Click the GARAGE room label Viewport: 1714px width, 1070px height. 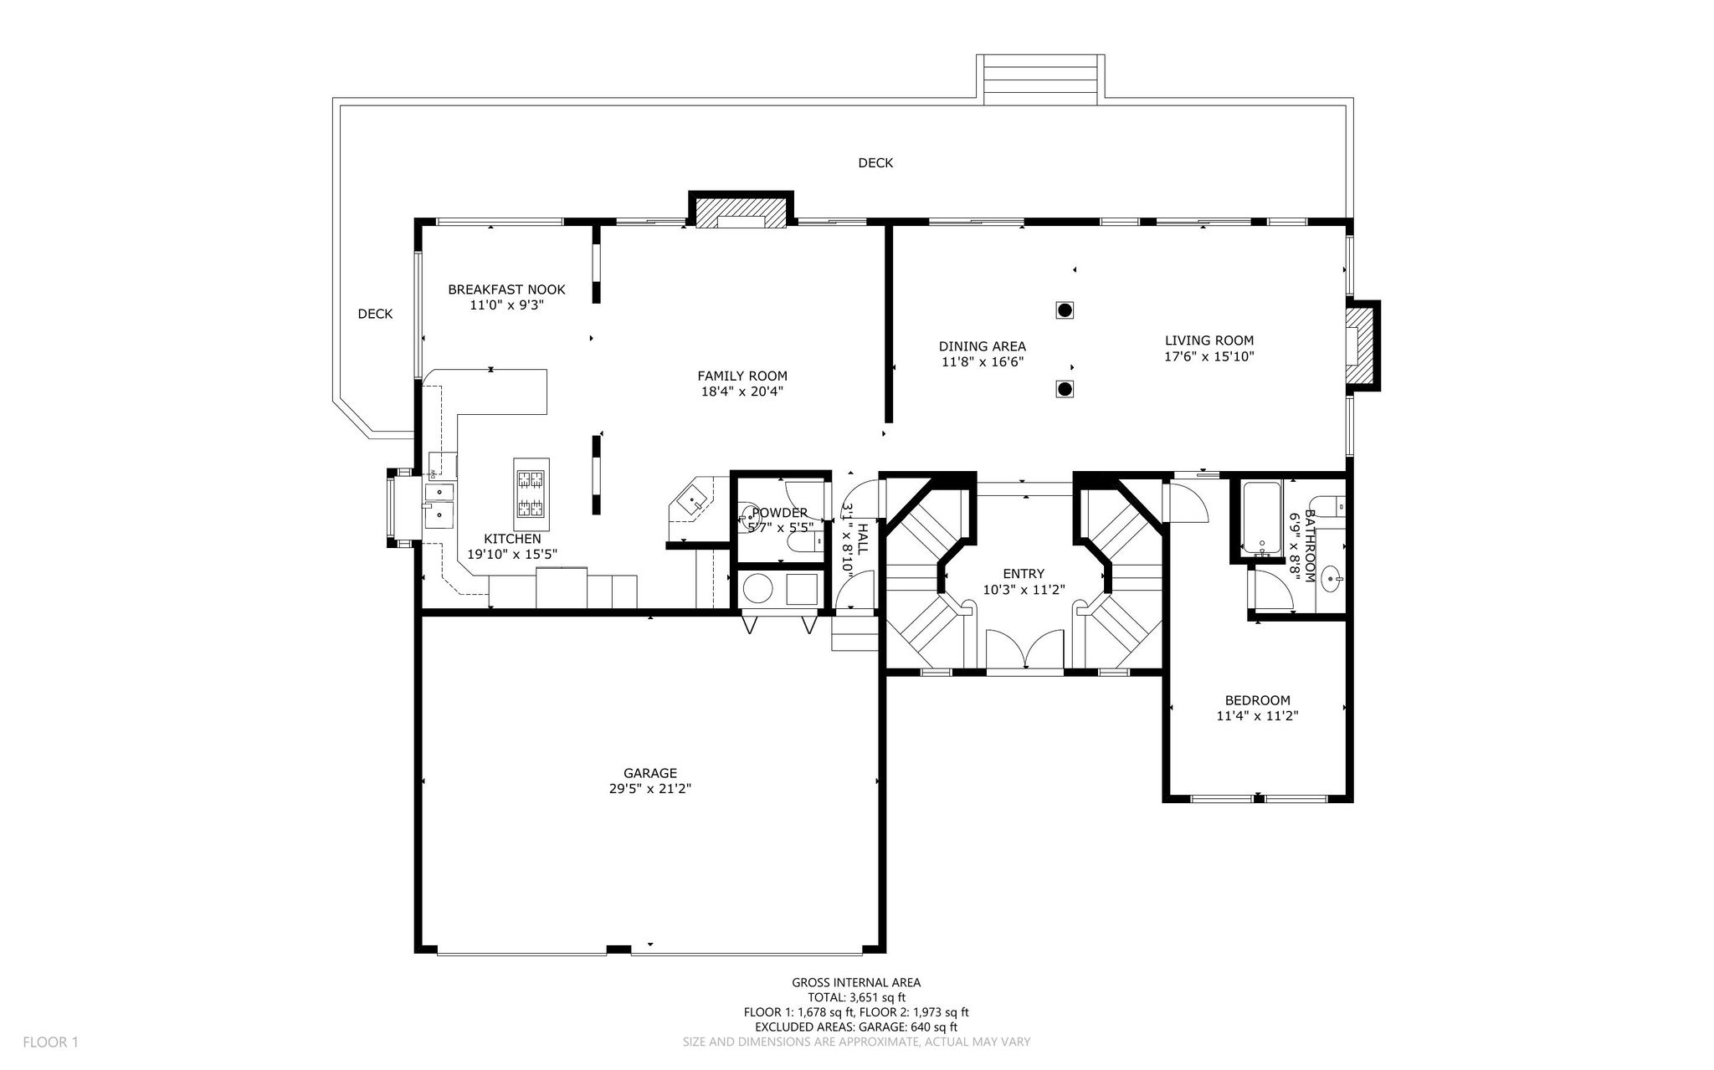(649, 773)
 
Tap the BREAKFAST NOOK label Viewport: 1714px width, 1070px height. (506, 289)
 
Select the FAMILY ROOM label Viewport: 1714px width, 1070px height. (742, 376)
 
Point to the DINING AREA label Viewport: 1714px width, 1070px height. (982, 346)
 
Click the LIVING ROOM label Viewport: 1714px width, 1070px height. (1209, 340)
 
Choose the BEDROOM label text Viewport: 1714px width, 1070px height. (1257, 700)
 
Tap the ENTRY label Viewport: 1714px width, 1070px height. (1024, 574)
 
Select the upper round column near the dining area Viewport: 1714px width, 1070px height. (1065, 310)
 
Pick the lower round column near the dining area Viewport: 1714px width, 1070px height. (1065, 389)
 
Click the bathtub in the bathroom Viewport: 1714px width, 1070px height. (1261, 519)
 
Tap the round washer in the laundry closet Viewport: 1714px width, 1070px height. (758, 589)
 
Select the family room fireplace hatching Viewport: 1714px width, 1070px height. (741, 212)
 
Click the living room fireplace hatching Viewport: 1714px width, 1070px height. (1362, 346)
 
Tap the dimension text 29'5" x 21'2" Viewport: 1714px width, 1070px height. (649, 789)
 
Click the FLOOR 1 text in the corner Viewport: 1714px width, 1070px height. (50, 1042)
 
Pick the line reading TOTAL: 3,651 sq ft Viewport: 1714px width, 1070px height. (856, 998)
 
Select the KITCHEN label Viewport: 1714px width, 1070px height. (512, 539)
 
